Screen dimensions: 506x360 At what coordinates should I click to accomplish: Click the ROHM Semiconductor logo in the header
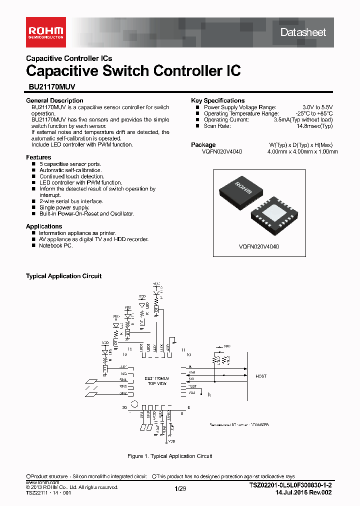(x=44, y=32)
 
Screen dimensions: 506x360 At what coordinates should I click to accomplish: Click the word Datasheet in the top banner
(x=303, y=32)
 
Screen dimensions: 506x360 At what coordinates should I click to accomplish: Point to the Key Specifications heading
(x=218, y=100)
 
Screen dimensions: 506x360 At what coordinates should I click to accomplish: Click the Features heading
(x=38, y=157)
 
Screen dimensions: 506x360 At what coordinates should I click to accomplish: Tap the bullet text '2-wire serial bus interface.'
(x=71, y=201)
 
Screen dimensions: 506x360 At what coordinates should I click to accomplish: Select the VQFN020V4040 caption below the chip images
(x=259, y=246)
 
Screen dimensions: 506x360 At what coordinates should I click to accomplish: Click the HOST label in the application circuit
(x=261, y=376)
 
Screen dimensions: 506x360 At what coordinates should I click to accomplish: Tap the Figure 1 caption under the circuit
(x=170, y=456)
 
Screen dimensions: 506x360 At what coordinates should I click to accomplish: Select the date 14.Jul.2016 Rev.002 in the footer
(x=303, y=492)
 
